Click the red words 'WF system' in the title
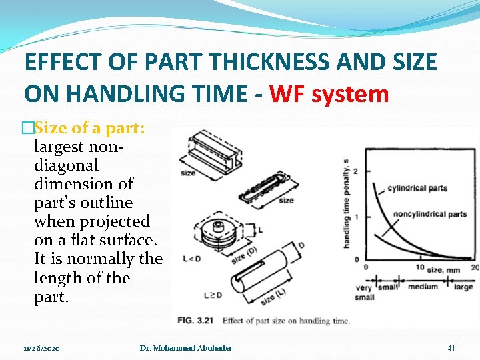coord(329,94)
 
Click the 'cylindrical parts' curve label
coord(417,188)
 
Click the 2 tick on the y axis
coord(355,171)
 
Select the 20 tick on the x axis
coord(474,267)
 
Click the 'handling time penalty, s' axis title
coord(346,203)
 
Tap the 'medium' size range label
coord(423,287)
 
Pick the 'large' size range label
coord(463,287)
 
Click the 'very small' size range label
coord(365,292)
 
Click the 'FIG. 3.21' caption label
coord(196,321)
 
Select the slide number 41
coord(451,348)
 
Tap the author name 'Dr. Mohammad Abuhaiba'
coord(185,348)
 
